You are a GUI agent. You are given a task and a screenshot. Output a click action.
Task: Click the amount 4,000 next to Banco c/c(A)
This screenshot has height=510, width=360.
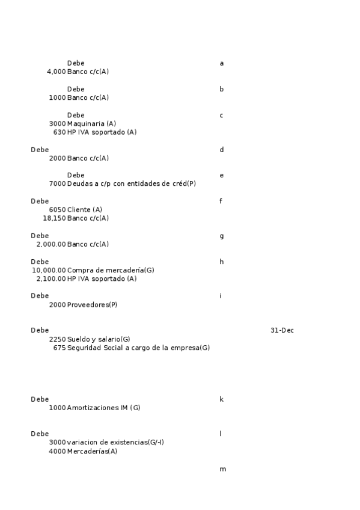56,72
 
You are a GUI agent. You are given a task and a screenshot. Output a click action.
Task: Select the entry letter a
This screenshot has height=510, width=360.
222,63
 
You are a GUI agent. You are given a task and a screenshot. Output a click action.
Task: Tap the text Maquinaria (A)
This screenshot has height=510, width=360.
91,123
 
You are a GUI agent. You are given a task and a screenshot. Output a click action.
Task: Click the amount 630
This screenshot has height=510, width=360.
59,132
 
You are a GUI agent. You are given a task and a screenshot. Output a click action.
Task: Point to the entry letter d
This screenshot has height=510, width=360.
222,149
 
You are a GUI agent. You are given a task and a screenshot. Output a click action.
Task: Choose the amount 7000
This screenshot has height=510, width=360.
57,184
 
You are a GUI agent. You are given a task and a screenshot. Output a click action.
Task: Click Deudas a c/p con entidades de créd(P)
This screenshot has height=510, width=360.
132,184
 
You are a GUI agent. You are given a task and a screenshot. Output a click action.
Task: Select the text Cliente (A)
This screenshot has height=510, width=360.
85,210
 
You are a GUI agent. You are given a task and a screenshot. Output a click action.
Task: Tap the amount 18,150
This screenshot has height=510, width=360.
54,218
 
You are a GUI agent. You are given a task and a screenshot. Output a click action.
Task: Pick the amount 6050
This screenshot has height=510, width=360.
57,210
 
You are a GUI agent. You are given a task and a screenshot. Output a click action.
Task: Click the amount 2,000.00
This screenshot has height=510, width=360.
51,245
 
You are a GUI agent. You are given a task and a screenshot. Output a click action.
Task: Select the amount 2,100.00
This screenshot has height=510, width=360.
51,279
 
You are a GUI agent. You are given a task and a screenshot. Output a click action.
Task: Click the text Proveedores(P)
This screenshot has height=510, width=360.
92,305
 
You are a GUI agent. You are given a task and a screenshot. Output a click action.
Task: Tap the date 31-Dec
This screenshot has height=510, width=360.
282,330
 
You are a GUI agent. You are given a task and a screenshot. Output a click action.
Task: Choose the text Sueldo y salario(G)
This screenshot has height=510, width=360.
99,339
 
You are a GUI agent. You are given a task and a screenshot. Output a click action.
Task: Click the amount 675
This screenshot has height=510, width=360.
59,348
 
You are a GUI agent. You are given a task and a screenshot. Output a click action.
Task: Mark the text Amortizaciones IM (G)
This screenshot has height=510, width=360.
103,408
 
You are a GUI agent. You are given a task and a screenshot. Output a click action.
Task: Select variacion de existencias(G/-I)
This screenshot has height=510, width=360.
115,443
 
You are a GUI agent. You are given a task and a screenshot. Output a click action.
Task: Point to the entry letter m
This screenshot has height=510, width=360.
223,469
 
